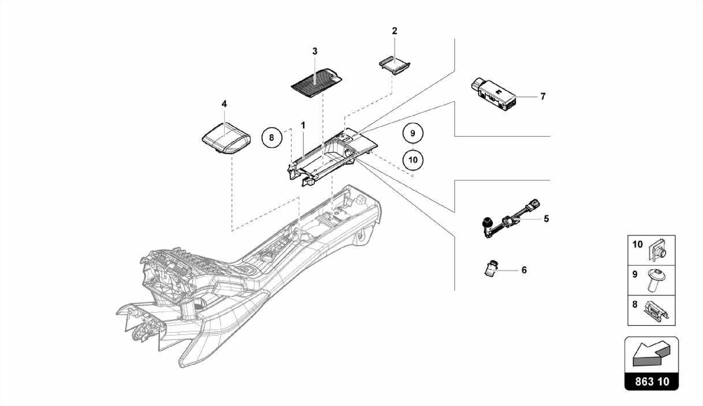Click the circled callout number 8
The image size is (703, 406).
272,138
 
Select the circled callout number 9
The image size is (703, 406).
413,133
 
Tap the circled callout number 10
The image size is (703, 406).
413,160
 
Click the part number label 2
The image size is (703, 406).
394,31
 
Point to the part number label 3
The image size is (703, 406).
315,51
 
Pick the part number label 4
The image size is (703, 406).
224,104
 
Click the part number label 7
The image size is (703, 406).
543,96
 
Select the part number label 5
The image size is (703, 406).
546,218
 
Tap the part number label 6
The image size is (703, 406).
524,270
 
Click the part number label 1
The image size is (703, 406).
303,126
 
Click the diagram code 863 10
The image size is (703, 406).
652,381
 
